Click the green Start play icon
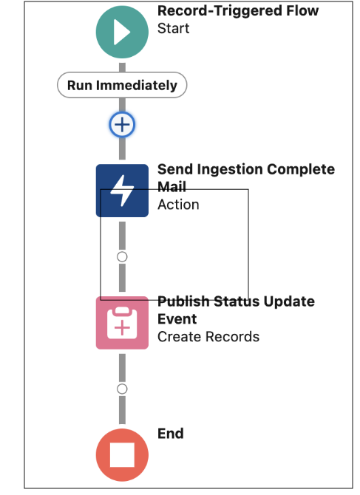[122, 32]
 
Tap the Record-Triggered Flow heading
[238, 11]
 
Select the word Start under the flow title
[174, 28]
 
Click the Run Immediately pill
[122, 85]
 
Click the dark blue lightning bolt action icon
[122, 191]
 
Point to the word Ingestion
[230, 170]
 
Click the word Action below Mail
[178, 205]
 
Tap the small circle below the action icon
[122, 256]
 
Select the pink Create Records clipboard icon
[122, 323]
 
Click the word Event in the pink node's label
[177, 319]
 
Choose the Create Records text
[208, 337]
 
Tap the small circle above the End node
[122, 389]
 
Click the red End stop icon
[122, 455]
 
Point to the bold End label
[171, 434]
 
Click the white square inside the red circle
[122, 454]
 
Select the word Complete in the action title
[301, 169]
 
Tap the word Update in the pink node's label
[289, 301]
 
